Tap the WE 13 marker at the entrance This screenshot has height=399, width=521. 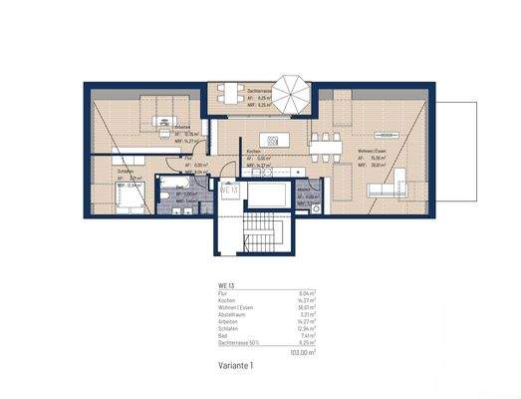[x=230, y=189]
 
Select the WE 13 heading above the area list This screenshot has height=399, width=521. [x=226, y=286]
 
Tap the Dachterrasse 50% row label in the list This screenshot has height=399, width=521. [x=240, y=343]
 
